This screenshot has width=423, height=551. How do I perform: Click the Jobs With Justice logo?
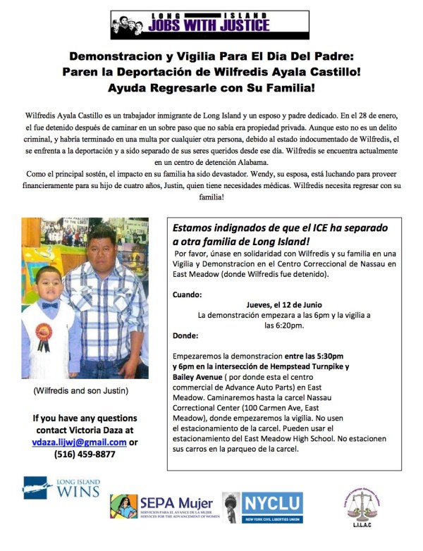(x=190, y=25)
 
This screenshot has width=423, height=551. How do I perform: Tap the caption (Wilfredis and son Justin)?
(x=80, y=390)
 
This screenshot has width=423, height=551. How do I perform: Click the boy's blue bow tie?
(x=49, y=307)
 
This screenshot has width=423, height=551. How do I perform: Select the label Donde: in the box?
(x=186, y=335)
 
